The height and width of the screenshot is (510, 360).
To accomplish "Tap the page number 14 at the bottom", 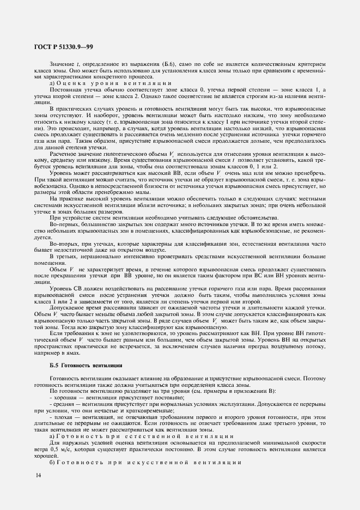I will (38, 476).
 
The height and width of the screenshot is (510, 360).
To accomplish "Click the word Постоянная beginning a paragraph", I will (65, 89).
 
